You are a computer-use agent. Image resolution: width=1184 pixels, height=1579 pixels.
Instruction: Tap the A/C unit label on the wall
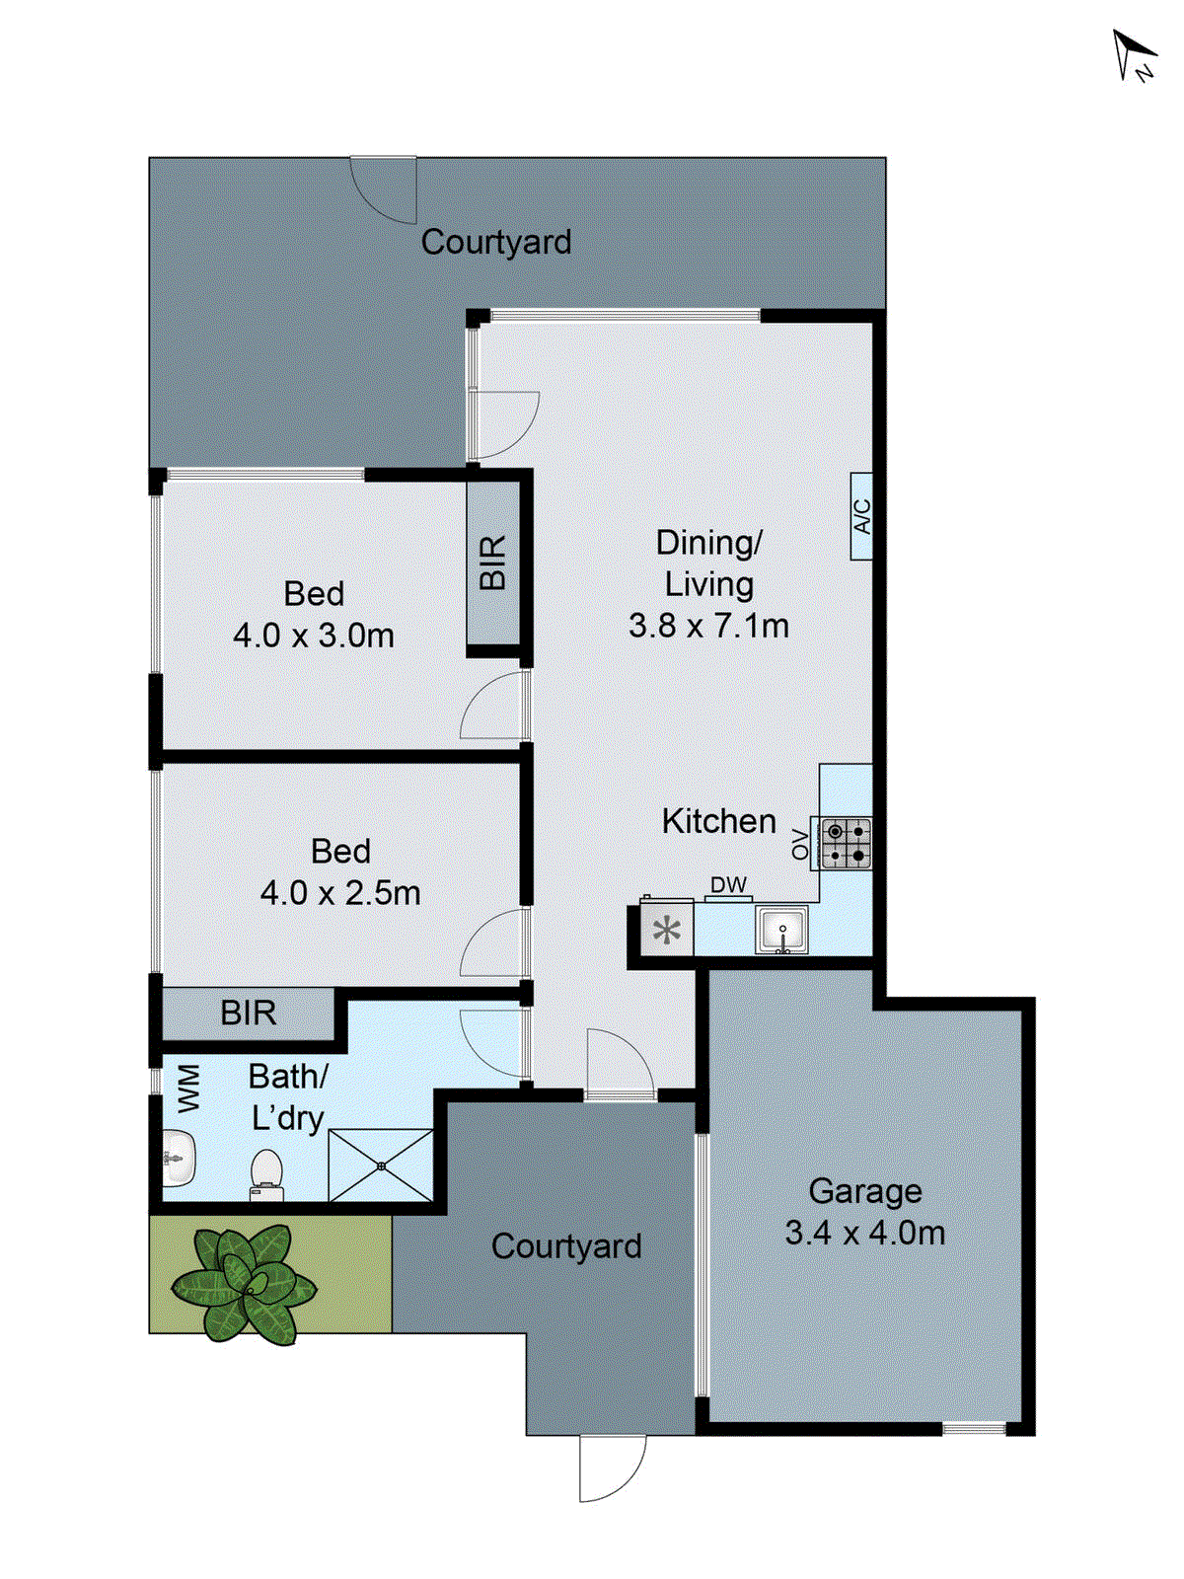861,516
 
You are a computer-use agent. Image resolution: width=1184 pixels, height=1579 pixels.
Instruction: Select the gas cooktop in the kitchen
846,843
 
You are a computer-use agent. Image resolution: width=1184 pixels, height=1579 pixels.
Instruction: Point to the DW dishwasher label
729,885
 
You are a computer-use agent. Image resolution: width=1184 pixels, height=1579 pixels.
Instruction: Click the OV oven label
800,844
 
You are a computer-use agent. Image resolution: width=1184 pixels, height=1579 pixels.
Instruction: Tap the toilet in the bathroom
266,1173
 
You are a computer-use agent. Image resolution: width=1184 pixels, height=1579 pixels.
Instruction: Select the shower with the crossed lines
381,1165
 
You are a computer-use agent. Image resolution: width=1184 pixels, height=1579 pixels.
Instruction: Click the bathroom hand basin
178,1158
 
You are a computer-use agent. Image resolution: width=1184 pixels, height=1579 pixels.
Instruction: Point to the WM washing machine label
187,1088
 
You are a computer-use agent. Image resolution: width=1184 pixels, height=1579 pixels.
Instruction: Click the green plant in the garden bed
244,1284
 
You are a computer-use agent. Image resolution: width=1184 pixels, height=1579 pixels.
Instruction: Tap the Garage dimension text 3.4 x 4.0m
864,1233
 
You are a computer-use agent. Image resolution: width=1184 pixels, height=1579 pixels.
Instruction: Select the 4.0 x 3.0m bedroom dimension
314,636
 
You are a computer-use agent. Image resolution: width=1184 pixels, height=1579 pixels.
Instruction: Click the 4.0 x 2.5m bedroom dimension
340,893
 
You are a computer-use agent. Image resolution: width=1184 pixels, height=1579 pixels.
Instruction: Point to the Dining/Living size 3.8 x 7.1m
708,626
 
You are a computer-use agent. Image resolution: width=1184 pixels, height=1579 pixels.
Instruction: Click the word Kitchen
718,821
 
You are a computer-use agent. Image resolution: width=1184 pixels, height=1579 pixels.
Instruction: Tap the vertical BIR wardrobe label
492,563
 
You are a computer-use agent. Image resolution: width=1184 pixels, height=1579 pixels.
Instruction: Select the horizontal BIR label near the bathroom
248,1013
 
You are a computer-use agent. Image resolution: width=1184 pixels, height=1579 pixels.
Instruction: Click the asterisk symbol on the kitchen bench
667,931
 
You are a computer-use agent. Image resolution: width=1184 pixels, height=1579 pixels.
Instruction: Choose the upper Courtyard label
495,242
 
